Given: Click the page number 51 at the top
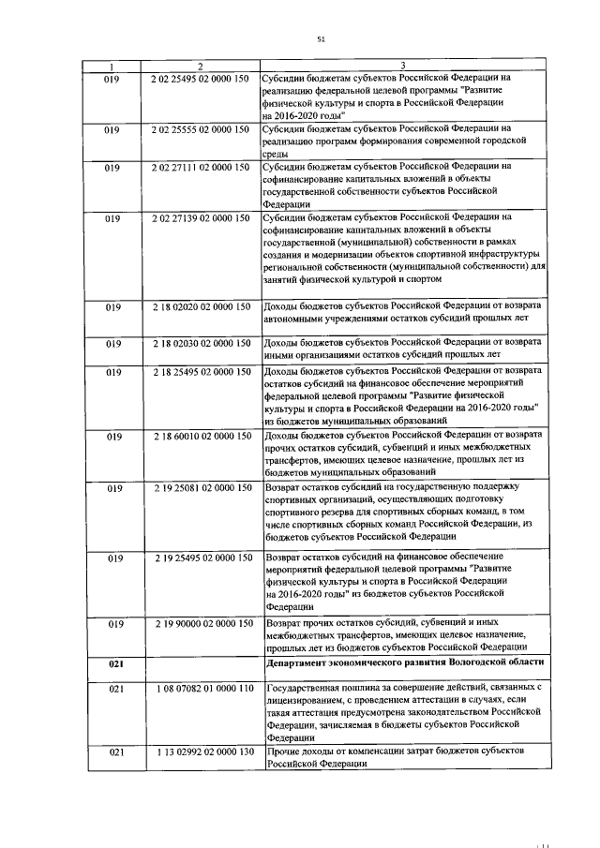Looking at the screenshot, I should coord(321,38).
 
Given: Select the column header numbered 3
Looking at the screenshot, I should coord(401,66).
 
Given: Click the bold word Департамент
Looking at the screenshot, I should coord(301,662).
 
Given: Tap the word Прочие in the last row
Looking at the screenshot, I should coord(283,752).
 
